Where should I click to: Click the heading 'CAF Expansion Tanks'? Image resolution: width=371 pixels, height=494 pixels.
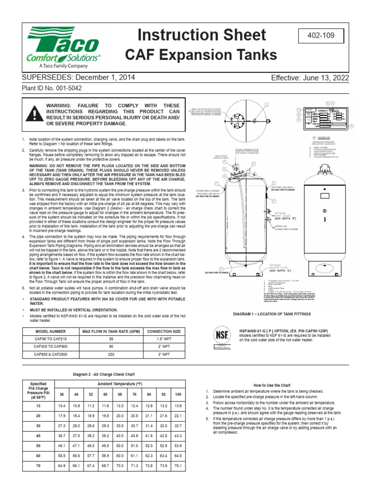(x=201, y=55)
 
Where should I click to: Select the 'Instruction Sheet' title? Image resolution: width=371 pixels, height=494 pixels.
(x=201, y=35)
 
